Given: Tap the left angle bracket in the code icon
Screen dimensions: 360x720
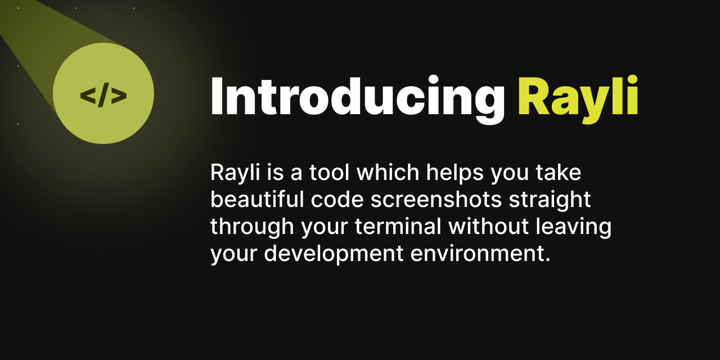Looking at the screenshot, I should coord(88,96).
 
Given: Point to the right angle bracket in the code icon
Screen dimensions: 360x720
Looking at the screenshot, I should coord(119,96).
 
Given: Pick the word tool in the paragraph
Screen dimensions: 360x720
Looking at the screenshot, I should coord(330,173).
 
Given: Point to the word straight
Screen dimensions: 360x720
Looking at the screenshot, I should coord(555,200).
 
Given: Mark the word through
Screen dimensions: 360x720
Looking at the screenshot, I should coord(251,227).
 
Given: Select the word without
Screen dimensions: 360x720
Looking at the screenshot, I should coord(489,227).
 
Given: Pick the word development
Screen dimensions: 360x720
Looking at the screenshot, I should coord(334,254).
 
